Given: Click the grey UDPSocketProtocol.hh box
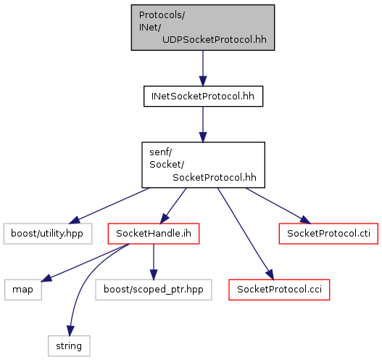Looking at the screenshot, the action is pyautogui.click(x=203, y=28).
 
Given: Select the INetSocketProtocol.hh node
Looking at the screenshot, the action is pyautogui.click(x=203, y=96).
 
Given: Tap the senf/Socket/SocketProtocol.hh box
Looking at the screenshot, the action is pyautogui.click(x=203, y=165).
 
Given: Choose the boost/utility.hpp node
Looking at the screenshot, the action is pyautogui.click(x=48, y=234).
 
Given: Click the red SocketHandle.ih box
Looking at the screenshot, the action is pyautogui.click(x=154, y=234).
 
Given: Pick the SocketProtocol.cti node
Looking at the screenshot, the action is pyautogui.click(x=328, y=234).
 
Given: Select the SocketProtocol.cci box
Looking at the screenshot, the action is pyautogui.click(x=279, y=290).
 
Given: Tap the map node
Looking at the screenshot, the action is pyautogui.click(x=23, y=290).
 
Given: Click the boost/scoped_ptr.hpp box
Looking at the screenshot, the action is pyautogui.click(x=154, y=290).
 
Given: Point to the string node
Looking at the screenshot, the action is pyautogui.click(x=69, y=346).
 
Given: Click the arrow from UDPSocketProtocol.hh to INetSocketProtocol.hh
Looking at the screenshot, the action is pyautogui.click(x=203, y=68).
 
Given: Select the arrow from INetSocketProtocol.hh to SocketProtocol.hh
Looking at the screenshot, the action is pyautogui.click(x=203, y=124).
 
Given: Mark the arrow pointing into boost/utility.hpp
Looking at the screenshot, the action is pyautogui.click(x=109, y=205).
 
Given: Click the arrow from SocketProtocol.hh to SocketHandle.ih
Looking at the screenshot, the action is pyautogui.click(x=173, y=206).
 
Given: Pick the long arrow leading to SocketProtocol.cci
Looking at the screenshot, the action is pyautogui.click(x=246, y=234).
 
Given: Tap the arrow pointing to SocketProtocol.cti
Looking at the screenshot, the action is pyautogui.click(x=278, y=205).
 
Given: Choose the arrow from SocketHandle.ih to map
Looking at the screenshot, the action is pyautogui.click(x=86, y=263).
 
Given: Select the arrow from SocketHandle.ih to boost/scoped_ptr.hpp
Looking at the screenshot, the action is pyautogui.click(x=154, y=262).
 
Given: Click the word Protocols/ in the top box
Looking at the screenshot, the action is pyautogui.click(x=162, y=15).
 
